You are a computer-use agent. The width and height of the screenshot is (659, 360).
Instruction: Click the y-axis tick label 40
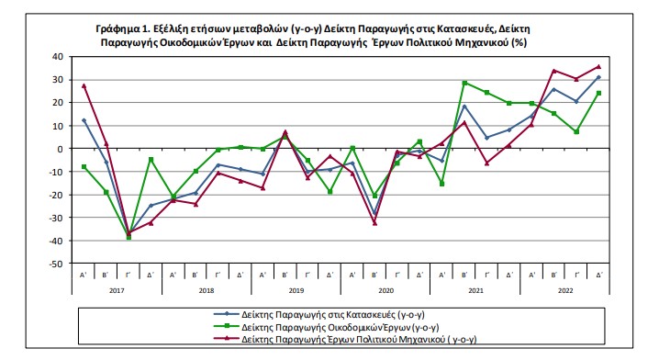58,57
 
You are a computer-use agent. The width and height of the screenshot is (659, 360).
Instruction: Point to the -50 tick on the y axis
56,264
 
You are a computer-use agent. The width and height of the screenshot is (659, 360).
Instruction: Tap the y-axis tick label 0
61,149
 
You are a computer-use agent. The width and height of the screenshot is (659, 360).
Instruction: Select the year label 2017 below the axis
117,290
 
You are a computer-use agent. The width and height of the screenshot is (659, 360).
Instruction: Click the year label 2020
385,290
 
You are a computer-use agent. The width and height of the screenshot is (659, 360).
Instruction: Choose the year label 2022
565,290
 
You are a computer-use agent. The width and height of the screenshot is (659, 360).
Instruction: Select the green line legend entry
326,327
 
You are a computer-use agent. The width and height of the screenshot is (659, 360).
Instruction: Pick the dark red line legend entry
345,339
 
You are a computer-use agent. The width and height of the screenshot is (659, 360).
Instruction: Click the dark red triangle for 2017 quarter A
84,85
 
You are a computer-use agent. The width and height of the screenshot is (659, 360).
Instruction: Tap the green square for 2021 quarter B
464,84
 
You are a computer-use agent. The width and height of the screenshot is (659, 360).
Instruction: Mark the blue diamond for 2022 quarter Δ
599,77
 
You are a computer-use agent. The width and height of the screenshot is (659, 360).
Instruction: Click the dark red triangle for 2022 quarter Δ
599,66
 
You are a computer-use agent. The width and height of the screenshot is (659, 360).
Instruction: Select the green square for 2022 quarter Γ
576,132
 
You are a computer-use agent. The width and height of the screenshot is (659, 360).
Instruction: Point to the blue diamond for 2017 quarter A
84,120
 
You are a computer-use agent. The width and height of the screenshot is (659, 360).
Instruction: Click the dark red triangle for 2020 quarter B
374,223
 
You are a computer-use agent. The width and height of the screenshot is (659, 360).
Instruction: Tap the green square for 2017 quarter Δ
151,160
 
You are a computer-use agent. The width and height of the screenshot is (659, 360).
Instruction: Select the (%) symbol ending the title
519,42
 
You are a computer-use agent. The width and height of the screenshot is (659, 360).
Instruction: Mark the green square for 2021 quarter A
442,184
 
